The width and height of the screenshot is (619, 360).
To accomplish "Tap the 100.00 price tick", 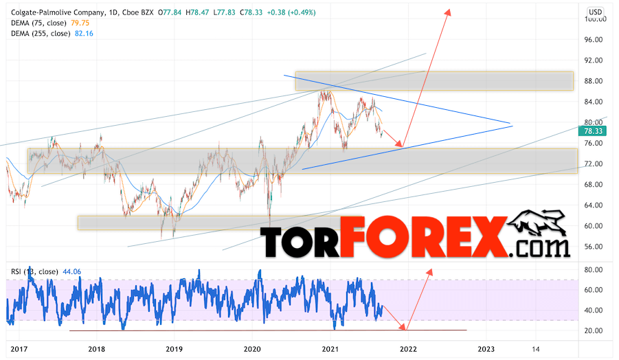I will coord(595,19).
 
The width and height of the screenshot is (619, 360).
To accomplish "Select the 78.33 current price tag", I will coord(595,131).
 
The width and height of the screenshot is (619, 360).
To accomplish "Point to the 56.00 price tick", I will coord(595,247).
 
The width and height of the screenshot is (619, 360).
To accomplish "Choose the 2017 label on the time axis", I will coord(21,349).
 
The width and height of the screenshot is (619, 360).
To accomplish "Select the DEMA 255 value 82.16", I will coord(85,33).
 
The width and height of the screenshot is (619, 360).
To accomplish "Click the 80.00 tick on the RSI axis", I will coord(595,270).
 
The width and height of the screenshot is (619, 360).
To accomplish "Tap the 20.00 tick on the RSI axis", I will coord(595,331).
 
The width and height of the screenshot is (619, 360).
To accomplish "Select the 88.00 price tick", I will coord(595,81).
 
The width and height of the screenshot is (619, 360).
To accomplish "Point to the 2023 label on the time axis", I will coord(486,349).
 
